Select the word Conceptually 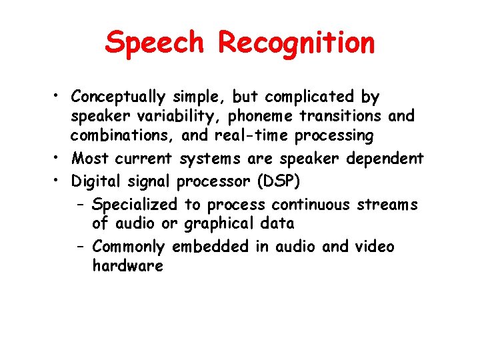point(118,97)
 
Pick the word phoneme point(261,117)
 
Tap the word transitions point(350,117)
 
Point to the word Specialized point(135,205)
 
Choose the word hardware point(127,266)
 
